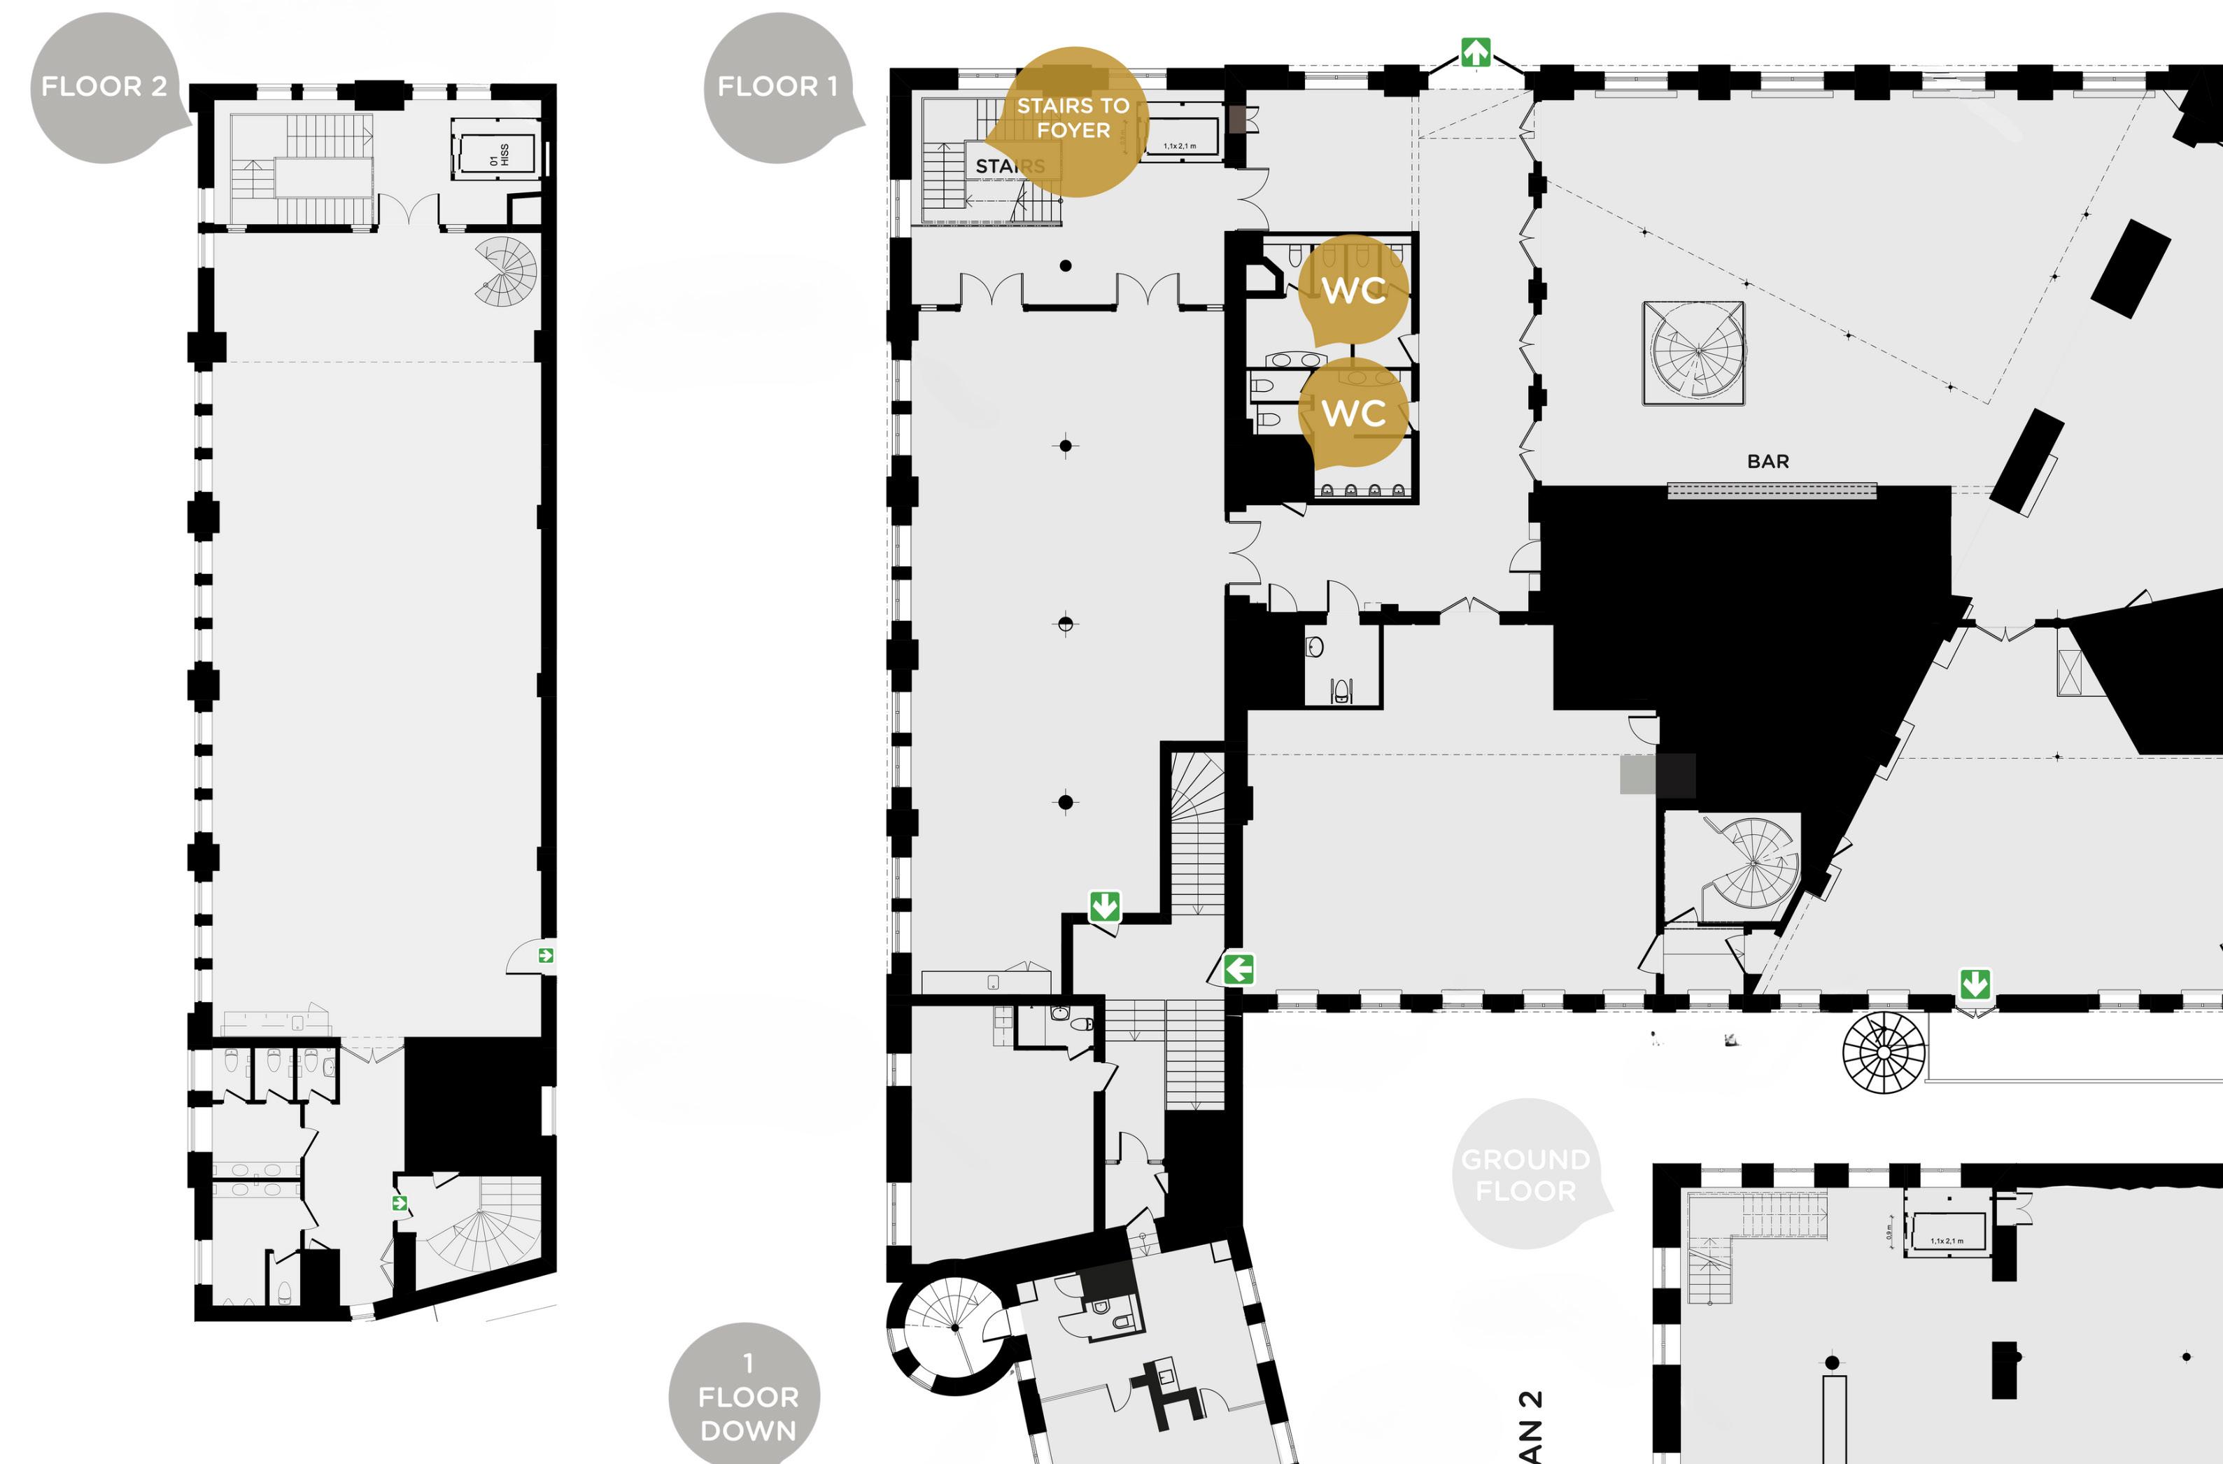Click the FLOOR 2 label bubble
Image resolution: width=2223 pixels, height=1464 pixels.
coord(103,87)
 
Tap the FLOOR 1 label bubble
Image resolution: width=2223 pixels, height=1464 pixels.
coord(777,87)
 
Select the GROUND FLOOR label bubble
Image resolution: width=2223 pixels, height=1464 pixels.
coord(1525,1174)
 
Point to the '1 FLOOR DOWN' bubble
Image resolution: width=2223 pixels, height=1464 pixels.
coord(747,1397)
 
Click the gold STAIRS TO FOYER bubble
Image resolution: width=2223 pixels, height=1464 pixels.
coord(1073,119)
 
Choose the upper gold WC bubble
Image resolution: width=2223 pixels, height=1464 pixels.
coord(1353,290)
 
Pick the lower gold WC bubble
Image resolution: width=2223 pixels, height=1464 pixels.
coord(1353,412)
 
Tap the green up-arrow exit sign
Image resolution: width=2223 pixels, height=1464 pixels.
coord(1476,52)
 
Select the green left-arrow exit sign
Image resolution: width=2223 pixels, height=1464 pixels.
coord(1238,969)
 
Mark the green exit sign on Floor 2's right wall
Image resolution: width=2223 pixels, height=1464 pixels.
coord(546,955)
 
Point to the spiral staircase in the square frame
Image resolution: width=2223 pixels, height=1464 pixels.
coord(1693,353)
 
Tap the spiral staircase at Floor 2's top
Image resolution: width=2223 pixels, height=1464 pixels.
coord(507,270)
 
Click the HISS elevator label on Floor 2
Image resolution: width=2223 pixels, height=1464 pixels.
coord(499,154)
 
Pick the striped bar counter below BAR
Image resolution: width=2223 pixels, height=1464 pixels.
coord(1772,491)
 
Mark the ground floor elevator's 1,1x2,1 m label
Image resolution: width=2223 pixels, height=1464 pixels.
coord(1947,1241)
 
